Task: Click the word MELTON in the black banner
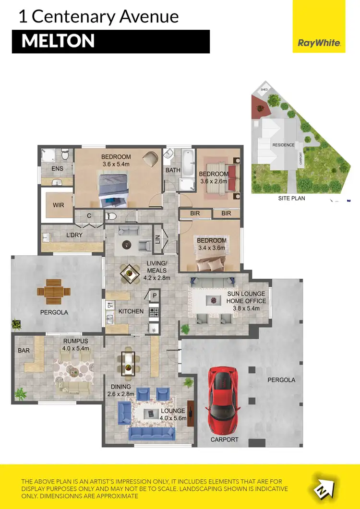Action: coord(58,41)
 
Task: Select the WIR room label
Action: coord(59,205)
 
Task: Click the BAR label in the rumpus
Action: coord(24,351)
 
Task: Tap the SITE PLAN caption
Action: coord(292,198)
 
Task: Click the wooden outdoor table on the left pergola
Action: coord(54,291)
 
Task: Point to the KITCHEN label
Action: coord(131,311)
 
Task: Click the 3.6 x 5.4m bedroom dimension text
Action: coord(116,164)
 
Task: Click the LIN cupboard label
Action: coord(157,238)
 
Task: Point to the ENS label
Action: coord(57,168)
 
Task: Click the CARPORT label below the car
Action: coord(224,439)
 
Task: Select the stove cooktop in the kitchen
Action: coord(154,312)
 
